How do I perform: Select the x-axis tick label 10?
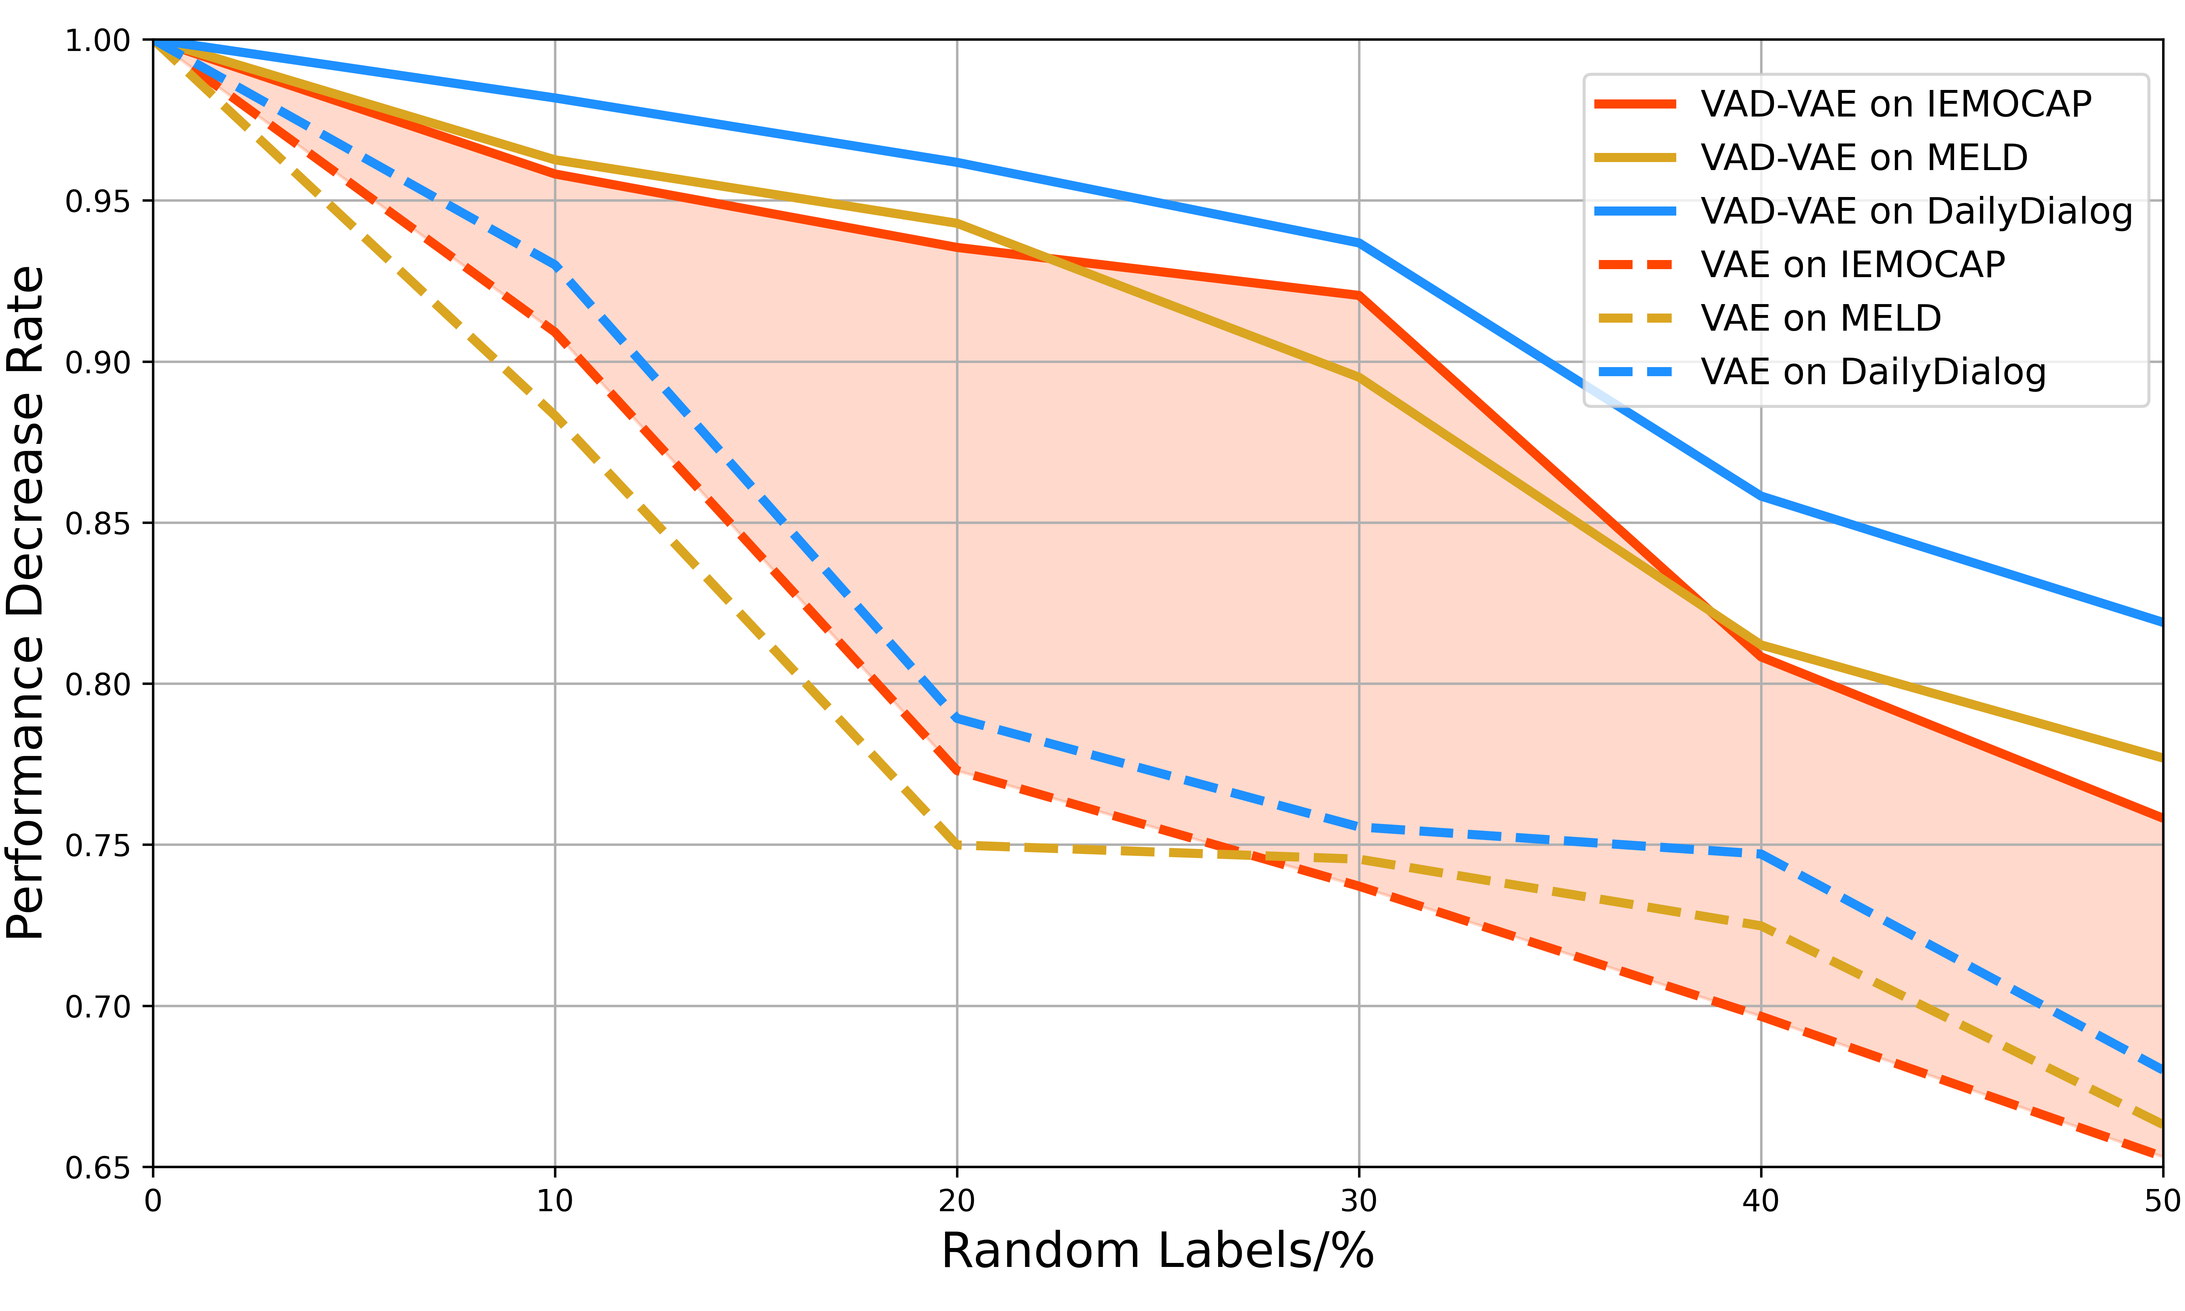point(555,1201)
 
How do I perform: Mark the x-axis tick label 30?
point(1358,1201)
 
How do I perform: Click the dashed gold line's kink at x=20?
point(957,846)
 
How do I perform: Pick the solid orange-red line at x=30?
point(1358,295)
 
